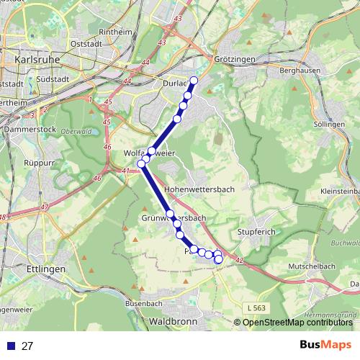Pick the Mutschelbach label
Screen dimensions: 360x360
(x=291, y=266)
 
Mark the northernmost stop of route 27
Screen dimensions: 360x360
(x=194, y=80)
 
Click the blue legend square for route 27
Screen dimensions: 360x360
(x=10, y=346)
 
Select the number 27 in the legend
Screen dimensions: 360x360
(x=27, y=346)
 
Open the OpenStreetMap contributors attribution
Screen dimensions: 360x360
(x=295, y=323)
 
